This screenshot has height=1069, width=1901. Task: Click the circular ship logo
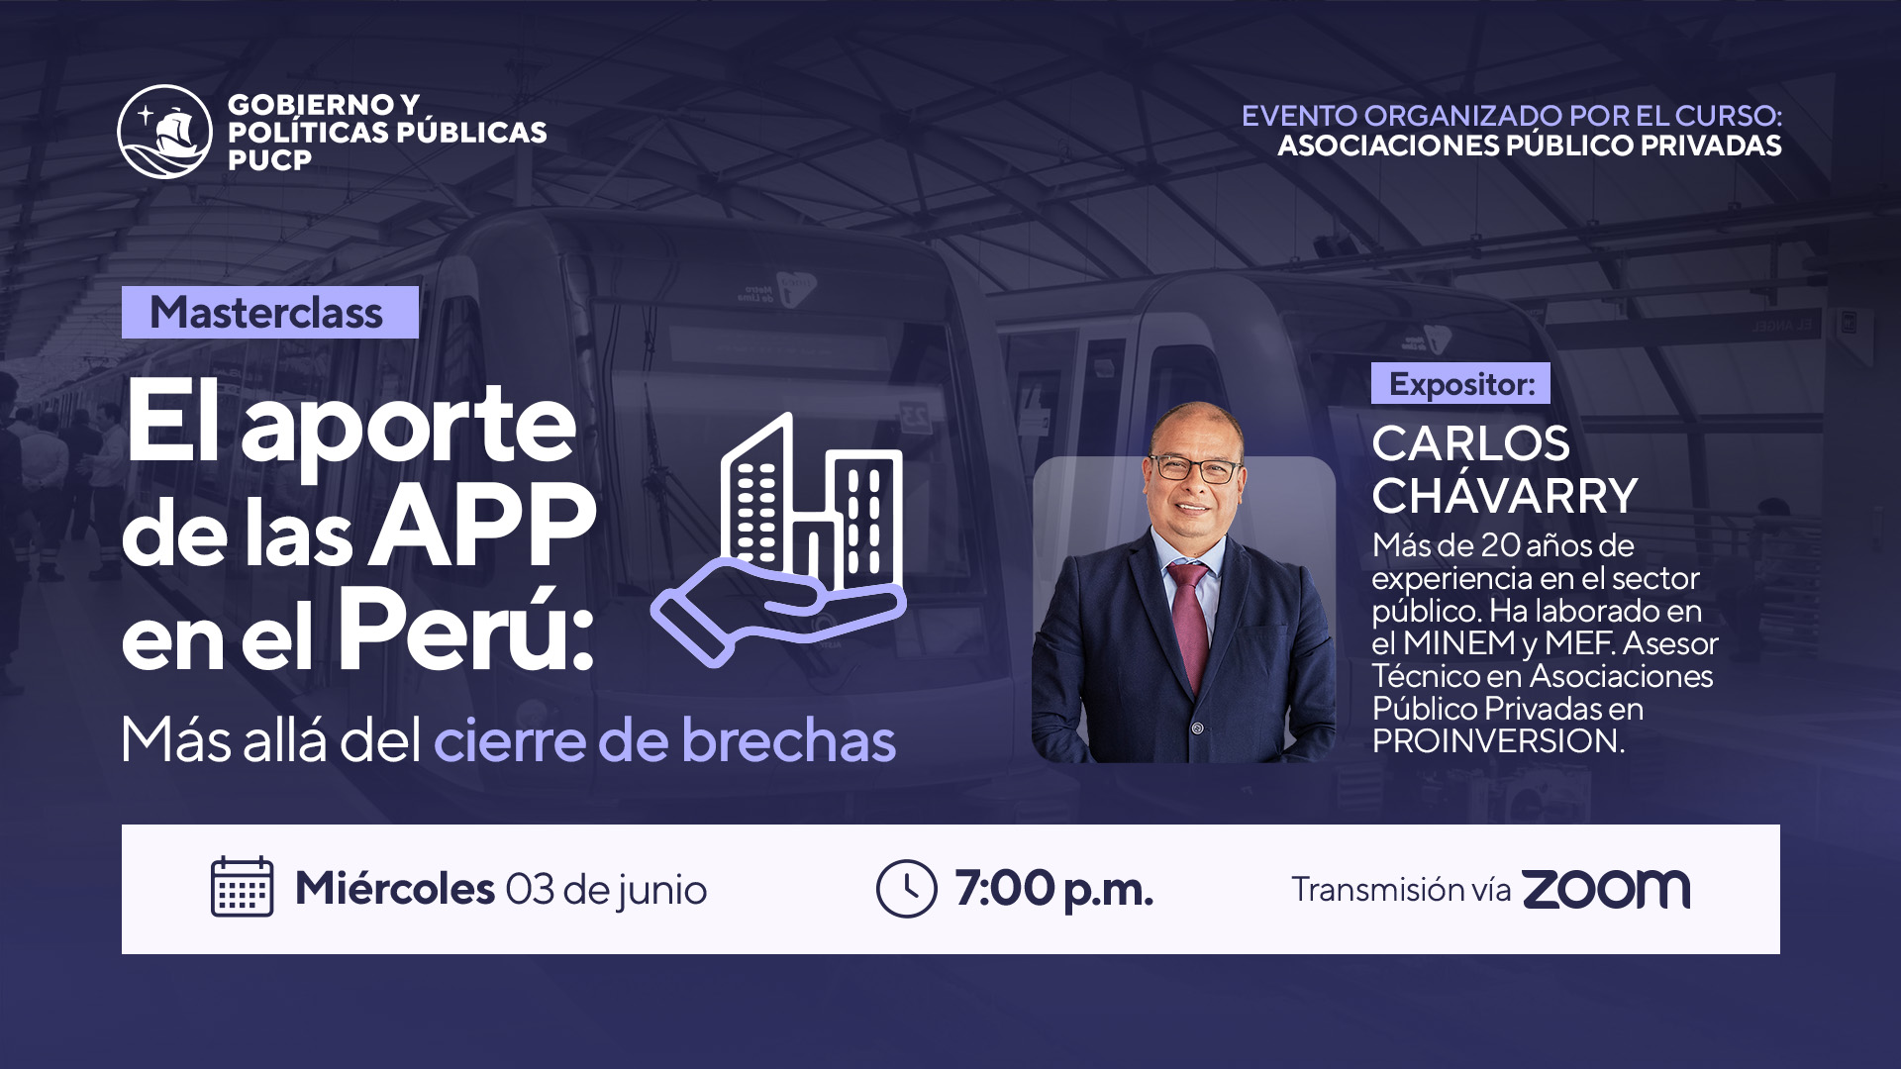click(x=164, y=132)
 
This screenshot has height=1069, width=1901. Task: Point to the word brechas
click(x=788, y=740)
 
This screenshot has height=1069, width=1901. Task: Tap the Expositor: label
click(x=1460, y=384)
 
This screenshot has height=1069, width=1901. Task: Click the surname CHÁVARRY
click(x=1505, y=496)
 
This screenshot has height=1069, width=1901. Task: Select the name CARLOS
click(x=1470, y=443)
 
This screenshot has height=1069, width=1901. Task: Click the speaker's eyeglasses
click(x=1194, y=468)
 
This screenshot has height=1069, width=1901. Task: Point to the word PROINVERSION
click(x=1498, y=741)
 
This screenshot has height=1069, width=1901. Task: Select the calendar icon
click(x=242, y=887)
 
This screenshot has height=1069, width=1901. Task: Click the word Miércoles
click(x=395, y=888)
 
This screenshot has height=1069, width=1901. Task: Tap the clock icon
click(x=906, y=889)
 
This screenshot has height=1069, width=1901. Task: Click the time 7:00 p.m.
click(x=1054, y=890)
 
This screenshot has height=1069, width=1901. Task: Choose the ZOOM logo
click(x=1606, y=889)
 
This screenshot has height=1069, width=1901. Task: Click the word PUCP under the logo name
click(x=269, y=160)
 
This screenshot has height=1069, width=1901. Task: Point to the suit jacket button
click(x=1197, y=729)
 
